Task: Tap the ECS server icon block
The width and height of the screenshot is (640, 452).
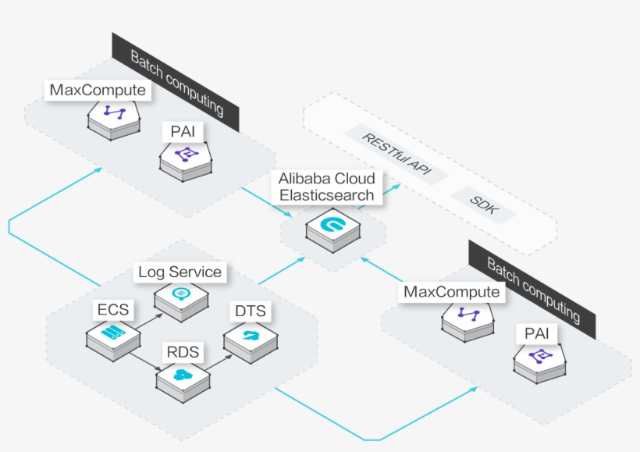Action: (113, 338)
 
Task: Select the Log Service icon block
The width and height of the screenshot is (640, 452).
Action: (181, 296)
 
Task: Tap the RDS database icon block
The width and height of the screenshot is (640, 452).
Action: (183, 377)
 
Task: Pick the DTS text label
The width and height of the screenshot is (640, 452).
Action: (250, 311)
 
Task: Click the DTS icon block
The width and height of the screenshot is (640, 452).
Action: (251, 337)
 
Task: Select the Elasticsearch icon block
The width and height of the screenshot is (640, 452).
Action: (333, 227)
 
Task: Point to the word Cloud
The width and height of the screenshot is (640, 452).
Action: (354, 179)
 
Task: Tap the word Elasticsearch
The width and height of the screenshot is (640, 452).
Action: (327, 195)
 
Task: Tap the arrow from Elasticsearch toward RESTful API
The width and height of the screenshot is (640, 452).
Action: (384, 193)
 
